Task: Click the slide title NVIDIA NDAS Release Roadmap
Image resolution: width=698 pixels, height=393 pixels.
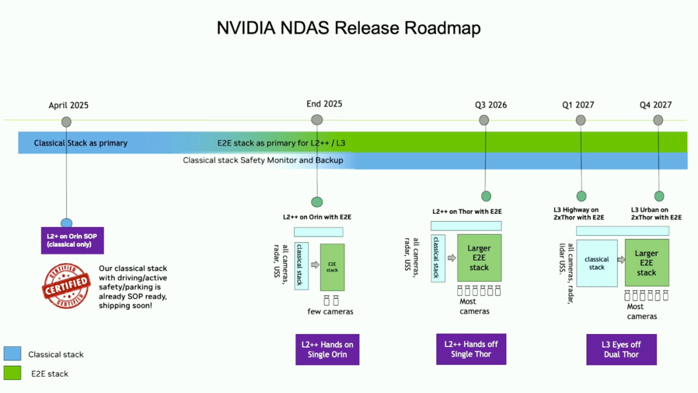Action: coord(348,28)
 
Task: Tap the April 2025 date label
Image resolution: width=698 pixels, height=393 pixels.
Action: coord(69,105)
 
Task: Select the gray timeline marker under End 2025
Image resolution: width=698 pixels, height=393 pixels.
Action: coord(317,120)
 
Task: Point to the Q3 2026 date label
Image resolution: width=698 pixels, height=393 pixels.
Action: coord(491,105)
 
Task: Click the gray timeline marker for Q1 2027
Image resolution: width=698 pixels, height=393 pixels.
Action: coord(580,120)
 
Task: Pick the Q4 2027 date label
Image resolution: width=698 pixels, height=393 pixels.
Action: coord(656,105)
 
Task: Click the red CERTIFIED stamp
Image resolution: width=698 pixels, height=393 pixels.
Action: coord(66,286)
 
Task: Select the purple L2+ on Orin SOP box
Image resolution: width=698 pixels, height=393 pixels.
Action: coord(72,240)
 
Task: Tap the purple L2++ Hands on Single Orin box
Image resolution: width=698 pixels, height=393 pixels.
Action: coord(327,350)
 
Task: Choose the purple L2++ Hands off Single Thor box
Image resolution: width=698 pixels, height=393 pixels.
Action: coord(471,349)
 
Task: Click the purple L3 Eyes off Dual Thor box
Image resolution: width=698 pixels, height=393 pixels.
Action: coord(621,350)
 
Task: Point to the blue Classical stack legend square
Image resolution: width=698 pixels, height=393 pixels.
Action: coord(12,354)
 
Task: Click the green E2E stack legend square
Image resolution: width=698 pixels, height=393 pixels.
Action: coord(12,373)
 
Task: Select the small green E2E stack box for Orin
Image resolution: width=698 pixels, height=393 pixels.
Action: coord(332,267)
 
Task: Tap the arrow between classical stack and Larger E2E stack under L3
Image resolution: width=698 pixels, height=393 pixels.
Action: coord(620,260)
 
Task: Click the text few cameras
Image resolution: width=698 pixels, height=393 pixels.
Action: coord(330,312)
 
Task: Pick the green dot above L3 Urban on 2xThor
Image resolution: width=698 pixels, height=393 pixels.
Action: coord(659,196)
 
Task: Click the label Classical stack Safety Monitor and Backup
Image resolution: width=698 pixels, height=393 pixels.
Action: coord(263,160)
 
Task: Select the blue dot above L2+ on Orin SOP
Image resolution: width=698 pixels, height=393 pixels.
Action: coord(67,223)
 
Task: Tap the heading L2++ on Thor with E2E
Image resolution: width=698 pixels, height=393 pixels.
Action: coord(467,211)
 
